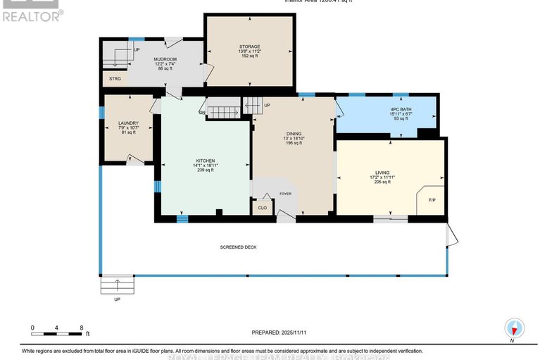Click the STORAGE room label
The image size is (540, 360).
249,46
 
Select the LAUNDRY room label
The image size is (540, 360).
128,123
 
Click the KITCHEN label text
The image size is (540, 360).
206,161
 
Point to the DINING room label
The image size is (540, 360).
293,134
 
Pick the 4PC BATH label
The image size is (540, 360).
401,109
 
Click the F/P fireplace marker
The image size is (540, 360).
432,201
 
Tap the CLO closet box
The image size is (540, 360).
262,208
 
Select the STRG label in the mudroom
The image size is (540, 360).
115,78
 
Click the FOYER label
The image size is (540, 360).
285,194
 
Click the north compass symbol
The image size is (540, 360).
515,328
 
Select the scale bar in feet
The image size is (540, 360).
58,329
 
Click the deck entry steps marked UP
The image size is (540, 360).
117,285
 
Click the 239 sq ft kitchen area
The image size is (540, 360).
206,170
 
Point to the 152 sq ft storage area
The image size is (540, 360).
249,56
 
